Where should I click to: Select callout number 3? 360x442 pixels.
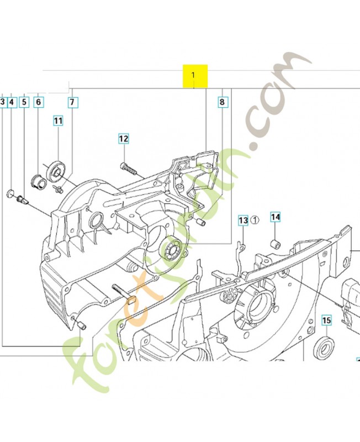2,102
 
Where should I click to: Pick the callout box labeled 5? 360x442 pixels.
24,102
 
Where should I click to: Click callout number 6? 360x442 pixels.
38,102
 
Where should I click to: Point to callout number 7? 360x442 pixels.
72,102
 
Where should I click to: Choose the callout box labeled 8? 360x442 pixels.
222,102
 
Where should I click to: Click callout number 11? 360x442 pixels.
59,120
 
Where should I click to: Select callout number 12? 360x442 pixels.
123,139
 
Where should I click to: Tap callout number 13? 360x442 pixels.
243,220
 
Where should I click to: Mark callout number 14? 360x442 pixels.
276,217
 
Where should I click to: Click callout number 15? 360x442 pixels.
326,320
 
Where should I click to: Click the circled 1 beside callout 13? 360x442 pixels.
255,220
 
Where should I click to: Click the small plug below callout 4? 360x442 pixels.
10,192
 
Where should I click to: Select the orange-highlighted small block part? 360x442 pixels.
131,301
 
